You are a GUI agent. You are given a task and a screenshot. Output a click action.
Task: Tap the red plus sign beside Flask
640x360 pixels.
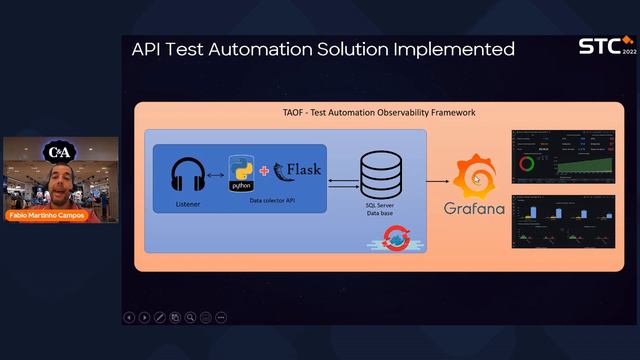264,171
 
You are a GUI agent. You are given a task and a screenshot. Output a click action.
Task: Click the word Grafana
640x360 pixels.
474,210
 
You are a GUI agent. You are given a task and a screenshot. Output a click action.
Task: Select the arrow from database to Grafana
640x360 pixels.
436,181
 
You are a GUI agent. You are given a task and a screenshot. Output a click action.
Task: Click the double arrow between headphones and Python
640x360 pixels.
215,174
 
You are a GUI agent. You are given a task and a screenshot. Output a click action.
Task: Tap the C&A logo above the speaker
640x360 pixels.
59,152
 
